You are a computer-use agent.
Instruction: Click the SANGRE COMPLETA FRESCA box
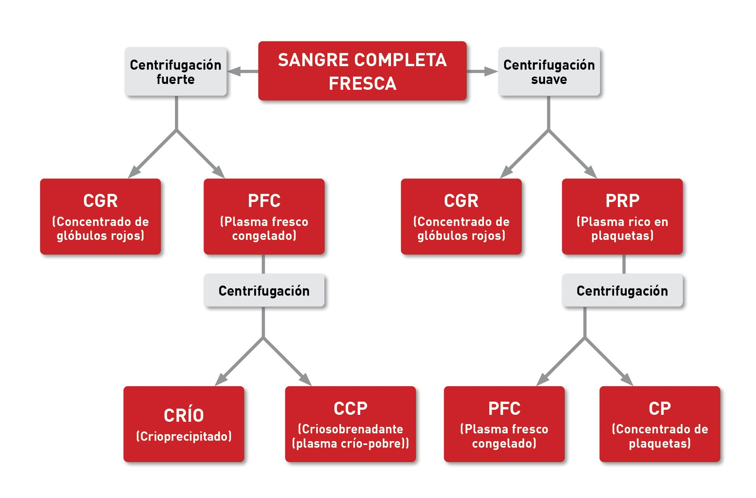362,71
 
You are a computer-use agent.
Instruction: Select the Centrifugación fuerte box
175,72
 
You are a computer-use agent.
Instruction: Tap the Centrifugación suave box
549,72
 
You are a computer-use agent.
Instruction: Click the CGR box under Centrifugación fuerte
100,216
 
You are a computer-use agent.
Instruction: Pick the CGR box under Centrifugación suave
461,216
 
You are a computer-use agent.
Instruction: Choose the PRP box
622,216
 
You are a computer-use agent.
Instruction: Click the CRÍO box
184,424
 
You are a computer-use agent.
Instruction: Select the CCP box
350,424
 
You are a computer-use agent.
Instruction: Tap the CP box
660,424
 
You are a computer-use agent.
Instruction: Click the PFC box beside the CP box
504,424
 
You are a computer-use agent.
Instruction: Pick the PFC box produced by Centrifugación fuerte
264,216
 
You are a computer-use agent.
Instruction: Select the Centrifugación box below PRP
622,291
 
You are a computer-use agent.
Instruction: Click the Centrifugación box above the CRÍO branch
264,291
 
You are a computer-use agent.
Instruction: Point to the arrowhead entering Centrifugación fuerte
234,72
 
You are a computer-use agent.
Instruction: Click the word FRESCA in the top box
362,84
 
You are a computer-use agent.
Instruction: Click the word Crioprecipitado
184,436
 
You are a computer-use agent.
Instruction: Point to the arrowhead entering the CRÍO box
220,380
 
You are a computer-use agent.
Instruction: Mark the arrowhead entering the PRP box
591,173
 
